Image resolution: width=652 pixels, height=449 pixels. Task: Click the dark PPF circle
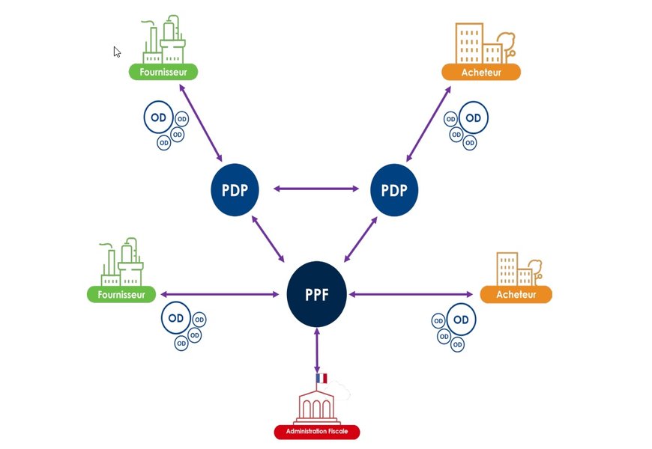click(317, 294)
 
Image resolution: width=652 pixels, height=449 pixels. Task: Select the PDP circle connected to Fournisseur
click(234, 189)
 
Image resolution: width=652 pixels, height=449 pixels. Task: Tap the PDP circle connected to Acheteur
click(394, 189)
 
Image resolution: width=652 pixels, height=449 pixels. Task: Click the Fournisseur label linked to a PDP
click(163, 72)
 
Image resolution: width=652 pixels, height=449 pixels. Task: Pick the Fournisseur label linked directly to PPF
click(121, 294)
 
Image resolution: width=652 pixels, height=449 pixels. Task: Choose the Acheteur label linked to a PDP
click(481, 73)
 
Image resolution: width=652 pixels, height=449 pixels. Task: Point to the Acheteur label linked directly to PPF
click(516, 294)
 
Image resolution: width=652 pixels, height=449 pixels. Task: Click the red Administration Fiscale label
click(316, 432)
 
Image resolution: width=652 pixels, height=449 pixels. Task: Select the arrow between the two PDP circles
click(316, 189)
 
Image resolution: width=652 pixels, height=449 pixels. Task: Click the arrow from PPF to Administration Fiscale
click(317, 350)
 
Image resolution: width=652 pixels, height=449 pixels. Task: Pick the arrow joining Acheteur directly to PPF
click(411, 294)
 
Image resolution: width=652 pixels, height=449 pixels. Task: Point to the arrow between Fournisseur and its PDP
click(202, 122)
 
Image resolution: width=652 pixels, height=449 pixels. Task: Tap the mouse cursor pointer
click(117, 52)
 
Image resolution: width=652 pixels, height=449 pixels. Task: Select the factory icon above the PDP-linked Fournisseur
click(163, 41)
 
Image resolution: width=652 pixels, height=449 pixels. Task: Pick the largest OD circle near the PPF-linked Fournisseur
click(176, 318)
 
